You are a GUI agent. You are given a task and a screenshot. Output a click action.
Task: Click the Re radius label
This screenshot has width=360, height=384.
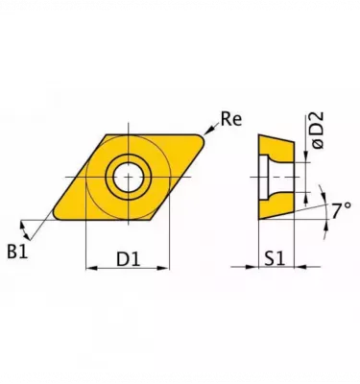(x=230, y=120)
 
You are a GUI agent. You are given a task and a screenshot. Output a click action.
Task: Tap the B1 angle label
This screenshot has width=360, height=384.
(x=17, y=252)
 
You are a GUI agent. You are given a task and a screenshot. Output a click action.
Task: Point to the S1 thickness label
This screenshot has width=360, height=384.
(x=275, y=258)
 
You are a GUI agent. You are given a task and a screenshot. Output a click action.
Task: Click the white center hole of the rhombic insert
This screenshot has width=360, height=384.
(x=128, y=177)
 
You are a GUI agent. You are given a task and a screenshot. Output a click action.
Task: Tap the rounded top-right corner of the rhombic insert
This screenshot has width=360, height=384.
(x=200, y=138)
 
